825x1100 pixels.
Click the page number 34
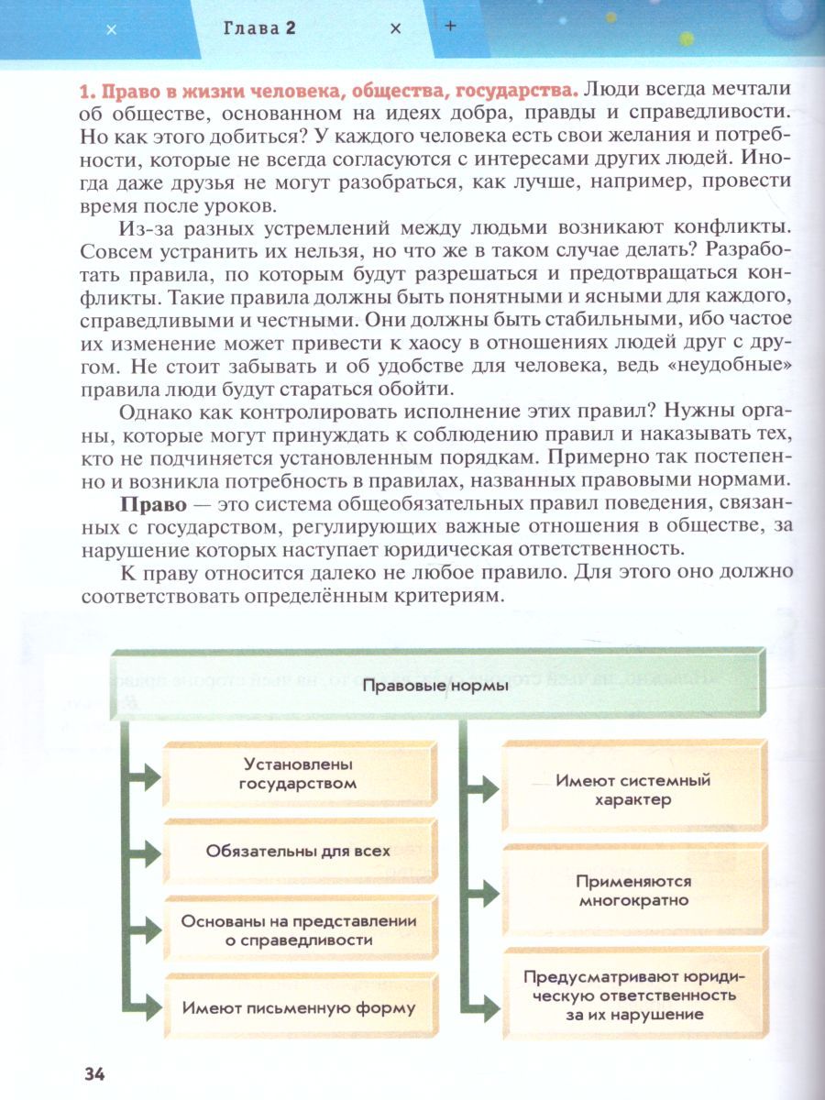(x=94, y=1073)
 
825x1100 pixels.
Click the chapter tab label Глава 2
(x=260, y=28)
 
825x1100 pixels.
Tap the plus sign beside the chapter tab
(x=450, y=27)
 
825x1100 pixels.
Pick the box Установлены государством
(x=298, y=773)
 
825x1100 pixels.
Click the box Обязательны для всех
(x=298, y=851)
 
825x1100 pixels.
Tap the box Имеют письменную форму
(x=298, y=1007)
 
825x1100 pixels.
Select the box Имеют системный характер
(x=633, y=790)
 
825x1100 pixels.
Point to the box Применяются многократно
(x=633, y=890)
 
